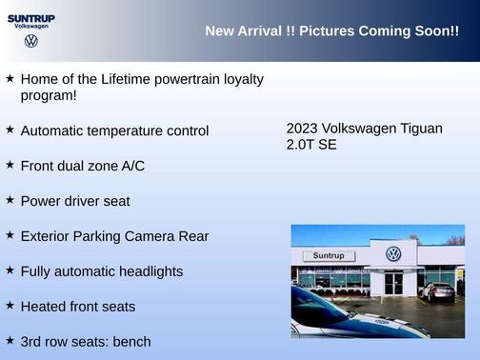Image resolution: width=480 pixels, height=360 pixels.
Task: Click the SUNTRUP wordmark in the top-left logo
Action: pyautogui.click(x=30, y=17)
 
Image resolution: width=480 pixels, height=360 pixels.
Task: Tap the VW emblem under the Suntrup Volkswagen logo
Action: pyautogui.click(x=30, y=41)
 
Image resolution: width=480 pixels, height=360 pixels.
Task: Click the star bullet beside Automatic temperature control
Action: pyautogui.click(x=10, y=129)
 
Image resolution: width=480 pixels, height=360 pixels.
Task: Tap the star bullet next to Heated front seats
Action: pyautogui.click(x=10, y=305)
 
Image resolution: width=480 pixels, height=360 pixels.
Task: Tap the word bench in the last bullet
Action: pyautogui.click(x=131, y=341)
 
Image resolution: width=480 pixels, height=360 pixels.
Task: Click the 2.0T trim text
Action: pyautogui.click(x=301, y=145)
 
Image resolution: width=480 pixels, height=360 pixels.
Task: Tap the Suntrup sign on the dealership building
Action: pyautogui.click(x=328, y=256)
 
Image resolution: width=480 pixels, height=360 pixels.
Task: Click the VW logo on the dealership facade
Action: pyautogui.click(x=393, y=254)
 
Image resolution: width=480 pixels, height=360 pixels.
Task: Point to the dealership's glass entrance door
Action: pyautogui.click(x=394, y=283)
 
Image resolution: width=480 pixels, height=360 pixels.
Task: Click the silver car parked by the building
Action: pyautogui.click(x=438, y=291)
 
